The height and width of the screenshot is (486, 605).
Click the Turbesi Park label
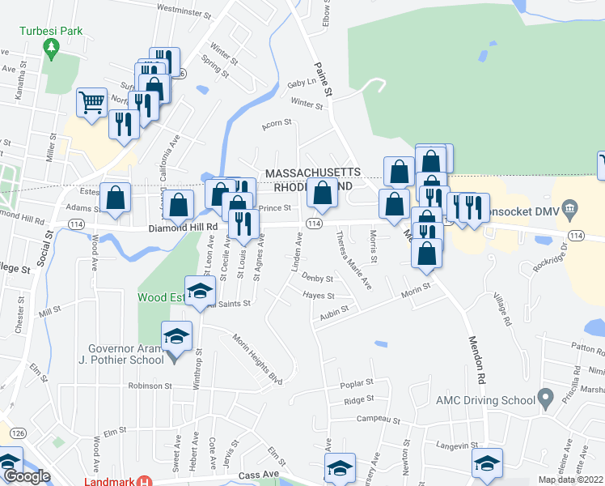[x=51, y=30]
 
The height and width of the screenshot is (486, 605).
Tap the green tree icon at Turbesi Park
[x=52, y=49]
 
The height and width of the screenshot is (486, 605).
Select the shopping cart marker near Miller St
[x=92, y=103]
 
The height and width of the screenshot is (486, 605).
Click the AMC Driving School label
[x=485, y=399]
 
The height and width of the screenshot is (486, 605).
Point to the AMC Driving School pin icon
[x=546, y=399]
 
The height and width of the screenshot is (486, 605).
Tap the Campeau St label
[x=380, y=420]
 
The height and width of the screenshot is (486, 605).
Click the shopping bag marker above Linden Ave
[x=322, y=194]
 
